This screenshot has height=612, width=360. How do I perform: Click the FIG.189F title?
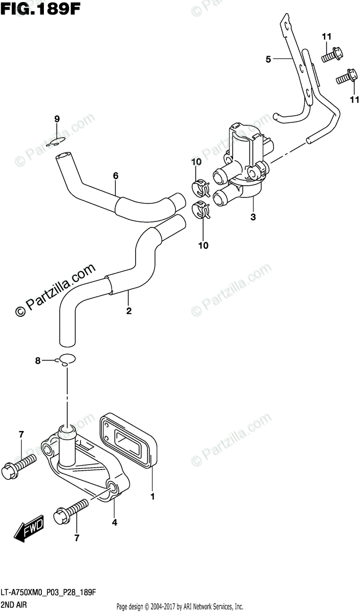coord(41,9)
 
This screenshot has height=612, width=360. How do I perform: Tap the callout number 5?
coord(268,60)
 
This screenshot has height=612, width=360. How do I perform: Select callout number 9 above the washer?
coord(57,119)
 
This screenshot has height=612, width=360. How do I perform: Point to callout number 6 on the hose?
coord(116,176)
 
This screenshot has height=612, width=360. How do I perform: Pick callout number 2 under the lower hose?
coord(128,310)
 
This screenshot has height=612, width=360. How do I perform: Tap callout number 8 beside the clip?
coord(37,361)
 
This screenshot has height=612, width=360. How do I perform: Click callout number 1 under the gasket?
coord(152,495)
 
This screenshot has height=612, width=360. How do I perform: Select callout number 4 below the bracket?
coord(114,522)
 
